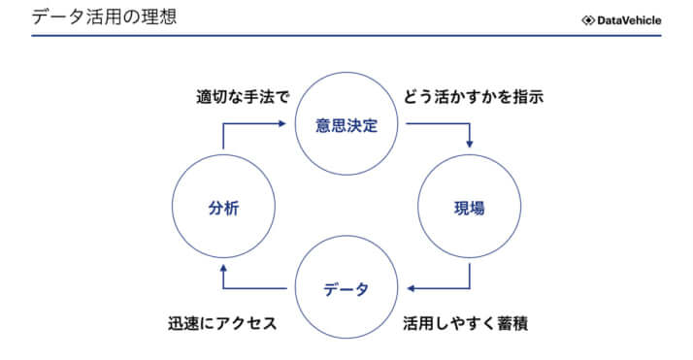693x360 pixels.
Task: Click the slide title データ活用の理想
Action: tap(105, 17)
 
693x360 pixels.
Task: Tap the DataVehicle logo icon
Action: tap(588, 19)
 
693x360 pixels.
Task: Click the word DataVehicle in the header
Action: tap(629, 19)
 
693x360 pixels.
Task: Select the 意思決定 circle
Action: tap(346, 125)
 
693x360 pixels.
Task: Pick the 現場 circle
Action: tap(470, 207)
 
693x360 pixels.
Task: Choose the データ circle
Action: tap(346, 288)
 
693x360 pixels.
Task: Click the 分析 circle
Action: tap(222, 207)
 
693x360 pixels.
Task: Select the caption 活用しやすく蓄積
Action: tap(466, 322)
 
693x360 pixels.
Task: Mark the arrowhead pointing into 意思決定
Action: tap(287, 124)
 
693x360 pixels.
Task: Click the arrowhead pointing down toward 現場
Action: tap(471, 145)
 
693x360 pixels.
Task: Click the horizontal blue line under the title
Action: tap(346, 36)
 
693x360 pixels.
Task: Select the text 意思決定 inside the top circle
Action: tap(346, 125)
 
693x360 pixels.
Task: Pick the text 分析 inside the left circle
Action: tap(222, 207)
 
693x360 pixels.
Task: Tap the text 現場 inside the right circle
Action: tap(470, 207)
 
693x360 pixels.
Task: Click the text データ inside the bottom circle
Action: tap(346, 289)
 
